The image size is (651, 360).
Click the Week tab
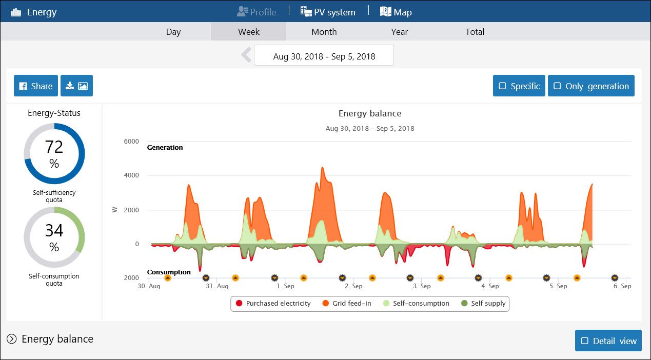249,32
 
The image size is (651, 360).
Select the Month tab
324,32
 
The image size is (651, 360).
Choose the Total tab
475,32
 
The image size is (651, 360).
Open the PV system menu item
328,12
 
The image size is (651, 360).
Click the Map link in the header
396,12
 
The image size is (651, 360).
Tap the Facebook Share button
36,86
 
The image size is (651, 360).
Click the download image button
76,86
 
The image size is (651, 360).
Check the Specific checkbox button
519,86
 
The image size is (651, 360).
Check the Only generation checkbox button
591,86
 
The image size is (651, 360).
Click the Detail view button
608,341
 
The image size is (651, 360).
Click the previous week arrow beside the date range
246,55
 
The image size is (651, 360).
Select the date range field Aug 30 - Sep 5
324,56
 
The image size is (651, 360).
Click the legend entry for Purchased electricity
273,304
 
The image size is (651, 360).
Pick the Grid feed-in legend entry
347,304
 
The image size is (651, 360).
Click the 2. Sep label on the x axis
353,286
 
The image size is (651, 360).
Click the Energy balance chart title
369,114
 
